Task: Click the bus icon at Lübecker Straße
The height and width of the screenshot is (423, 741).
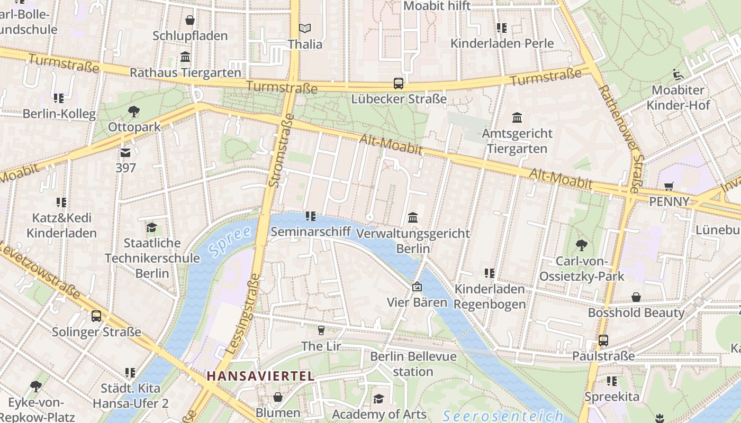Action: coord(398,84)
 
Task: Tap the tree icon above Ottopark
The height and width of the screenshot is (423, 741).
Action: coord(134,112)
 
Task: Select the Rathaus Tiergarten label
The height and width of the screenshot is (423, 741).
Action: coord(185,72)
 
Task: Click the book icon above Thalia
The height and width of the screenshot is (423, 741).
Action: coord(305,28)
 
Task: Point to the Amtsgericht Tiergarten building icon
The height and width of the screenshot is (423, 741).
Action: coord(517,117)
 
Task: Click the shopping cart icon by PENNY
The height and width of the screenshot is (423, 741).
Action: coord(669,186)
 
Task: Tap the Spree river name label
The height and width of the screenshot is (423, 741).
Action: coord(230,241)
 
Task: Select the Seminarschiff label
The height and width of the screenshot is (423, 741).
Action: coord(311,232)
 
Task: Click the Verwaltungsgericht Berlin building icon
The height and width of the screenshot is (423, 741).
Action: coord(413,217)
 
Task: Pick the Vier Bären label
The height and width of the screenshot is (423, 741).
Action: coord(417,303)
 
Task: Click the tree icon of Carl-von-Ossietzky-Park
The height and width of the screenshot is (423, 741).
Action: coord(582,245)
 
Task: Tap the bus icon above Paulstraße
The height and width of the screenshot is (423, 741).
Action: coord(603,341)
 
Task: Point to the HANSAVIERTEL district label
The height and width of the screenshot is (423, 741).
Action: coord(260,376)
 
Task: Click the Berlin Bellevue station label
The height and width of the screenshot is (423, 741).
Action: coord(413,364)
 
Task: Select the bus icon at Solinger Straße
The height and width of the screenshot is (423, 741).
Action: coord(96,316)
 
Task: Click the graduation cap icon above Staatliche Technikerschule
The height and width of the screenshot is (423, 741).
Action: coord(152,227)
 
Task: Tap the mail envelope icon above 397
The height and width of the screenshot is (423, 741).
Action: coord(125,153)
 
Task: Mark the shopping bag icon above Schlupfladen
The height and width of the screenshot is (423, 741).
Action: coord(190,20)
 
